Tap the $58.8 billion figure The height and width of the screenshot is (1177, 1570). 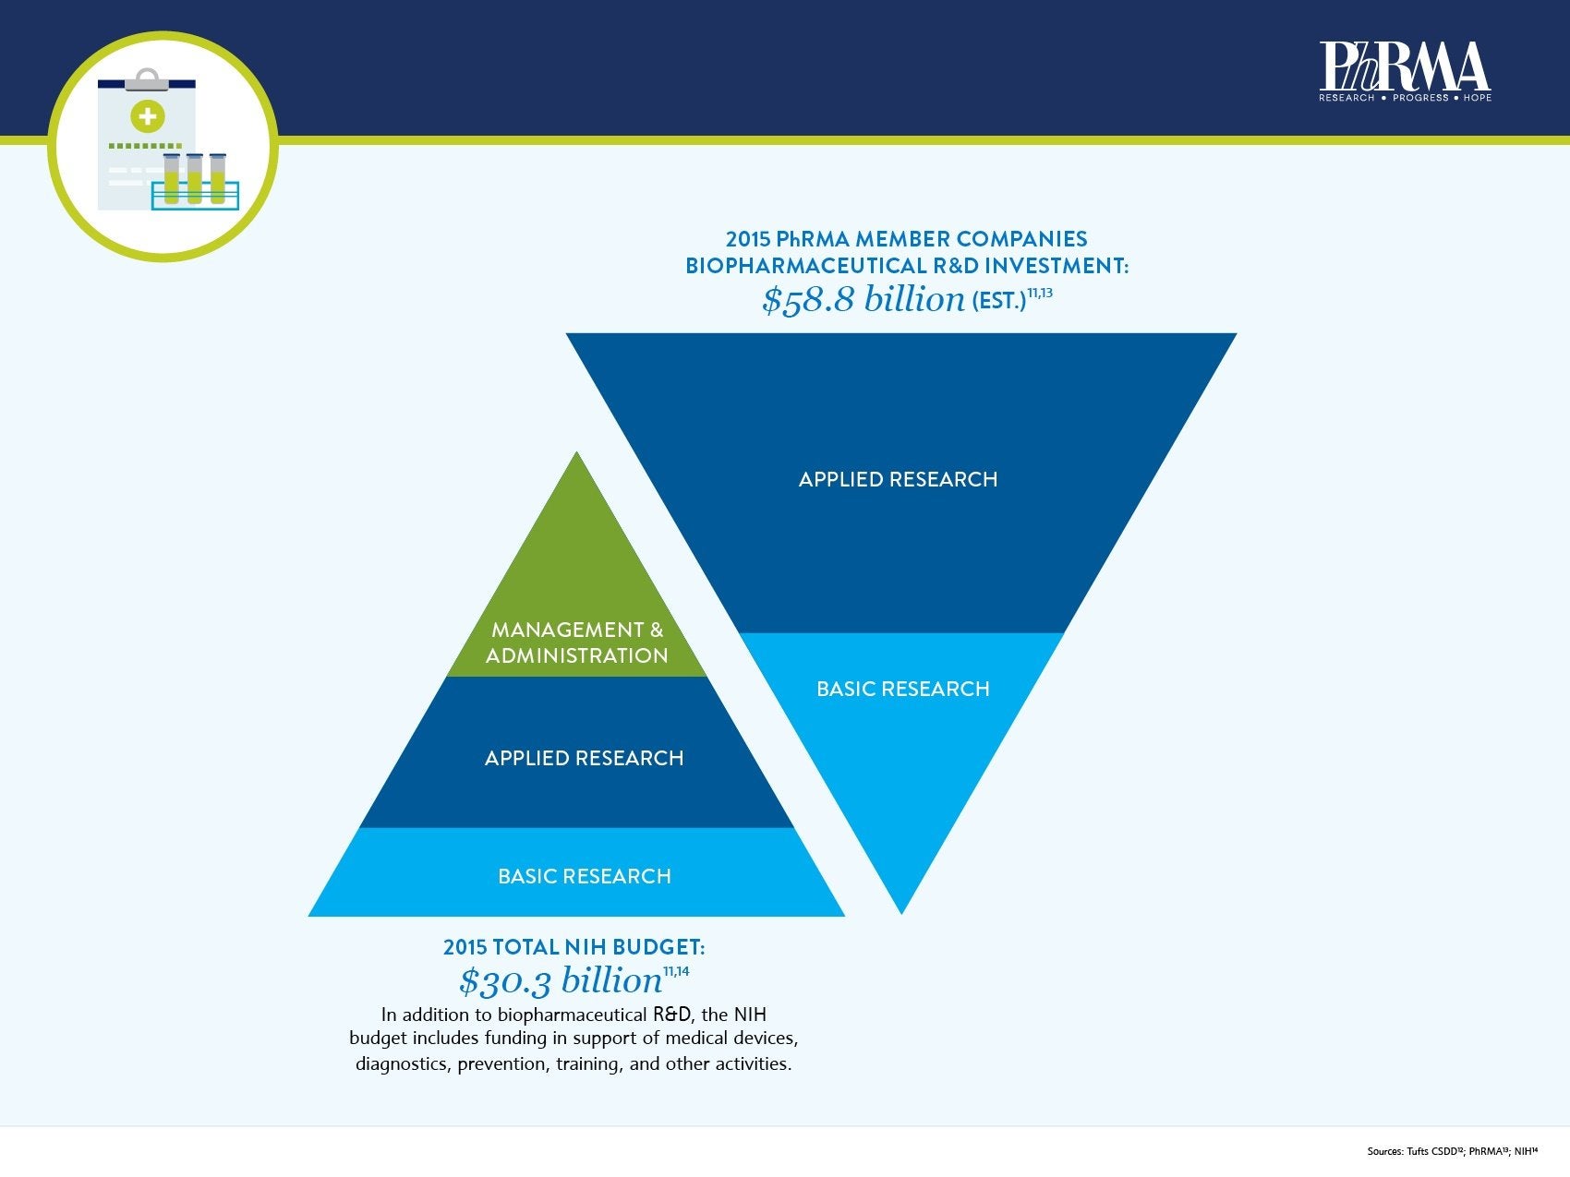pos(863,300)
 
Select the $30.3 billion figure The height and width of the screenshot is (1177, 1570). pos(561,980)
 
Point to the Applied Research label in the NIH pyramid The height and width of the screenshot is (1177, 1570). pos(584,758)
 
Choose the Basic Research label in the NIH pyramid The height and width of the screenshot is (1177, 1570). pos(584,876)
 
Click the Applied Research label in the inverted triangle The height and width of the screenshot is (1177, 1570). pos(898,479)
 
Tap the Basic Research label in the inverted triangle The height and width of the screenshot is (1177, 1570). pos(902,689)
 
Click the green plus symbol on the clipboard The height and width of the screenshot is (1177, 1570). pos(147,116)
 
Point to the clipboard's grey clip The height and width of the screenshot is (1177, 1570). pos(146,80)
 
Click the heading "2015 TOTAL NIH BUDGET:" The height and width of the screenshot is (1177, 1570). pos(574,947)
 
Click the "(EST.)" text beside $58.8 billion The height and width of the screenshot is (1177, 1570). pos(998,302)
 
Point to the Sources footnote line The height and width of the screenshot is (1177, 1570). pos(1452,1151)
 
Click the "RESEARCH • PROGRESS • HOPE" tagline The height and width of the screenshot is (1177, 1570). pos(1404,98)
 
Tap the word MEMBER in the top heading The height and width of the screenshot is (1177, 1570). pos(900,239)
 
